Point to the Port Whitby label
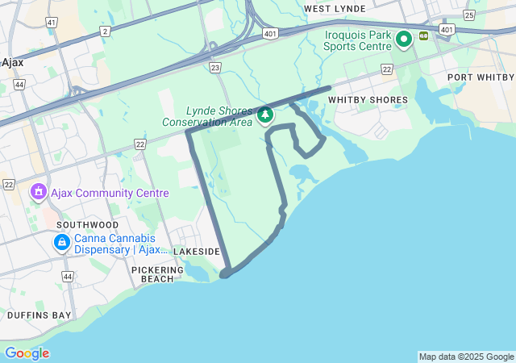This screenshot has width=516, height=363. (481, 77)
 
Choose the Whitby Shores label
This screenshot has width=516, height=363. (368, 100)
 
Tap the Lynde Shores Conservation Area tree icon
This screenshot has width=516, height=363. (265, 117)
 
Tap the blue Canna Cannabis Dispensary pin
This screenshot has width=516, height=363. (61, 242)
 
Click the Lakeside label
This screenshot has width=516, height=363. (197, 252)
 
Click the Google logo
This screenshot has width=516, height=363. (27, 353)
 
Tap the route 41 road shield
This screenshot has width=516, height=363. (52, 22)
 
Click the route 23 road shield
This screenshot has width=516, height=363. (214, 69)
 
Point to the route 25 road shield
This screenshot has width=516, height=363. (470, 15)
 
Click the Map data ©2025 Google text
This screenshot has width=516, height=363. (466, 357)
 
